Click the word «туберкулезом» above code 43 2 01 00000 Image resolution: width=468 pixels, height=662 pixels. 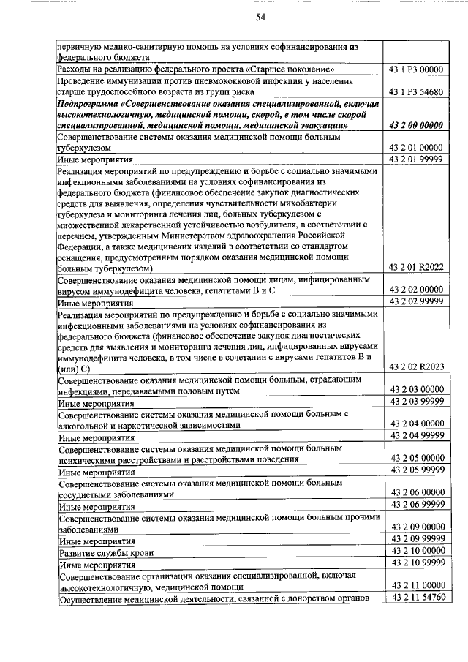click(x=85, y=147)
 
